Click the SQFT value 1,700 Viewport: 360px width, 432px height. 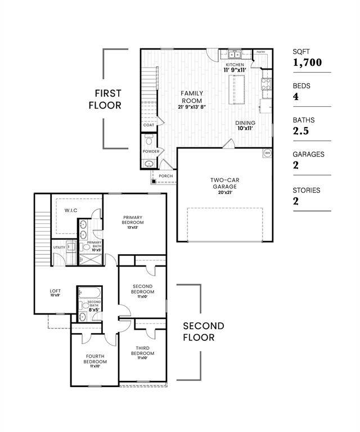(x=307, y=62)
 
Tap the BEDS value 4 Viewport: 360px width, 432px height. (x=296, y=97)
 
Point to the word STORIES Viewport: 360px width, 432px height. (x=307, y=190)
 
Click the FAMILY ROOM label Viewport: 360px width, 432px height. (x=192, y=97)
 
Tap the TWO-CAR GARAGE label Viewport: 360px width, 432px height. (x=224, y=183)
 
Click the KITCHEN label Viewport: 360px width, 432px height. (x=235, y=65)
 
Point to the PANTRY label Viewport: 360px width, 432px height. (x=261, y=52)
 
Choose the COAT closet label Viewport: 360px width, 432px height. (x=148, y=125)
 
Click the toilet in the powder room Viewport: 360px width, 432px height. (x=148, y=141)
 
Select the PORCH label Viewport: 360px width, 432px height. (x=166, y=176)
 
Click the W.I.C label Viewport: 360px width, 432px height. (x=71, y=210)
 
